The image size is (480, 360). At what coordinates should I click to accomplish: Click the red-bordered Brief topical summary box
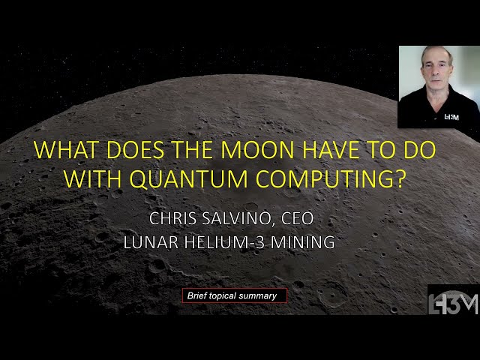click(x=234, y=295)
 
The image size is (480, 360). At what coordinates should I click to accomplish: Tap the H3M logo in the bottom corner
click(x=453, y=300)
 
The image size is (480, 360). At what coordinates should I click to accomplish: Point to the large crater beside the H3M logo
click(x=332, y=294)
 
